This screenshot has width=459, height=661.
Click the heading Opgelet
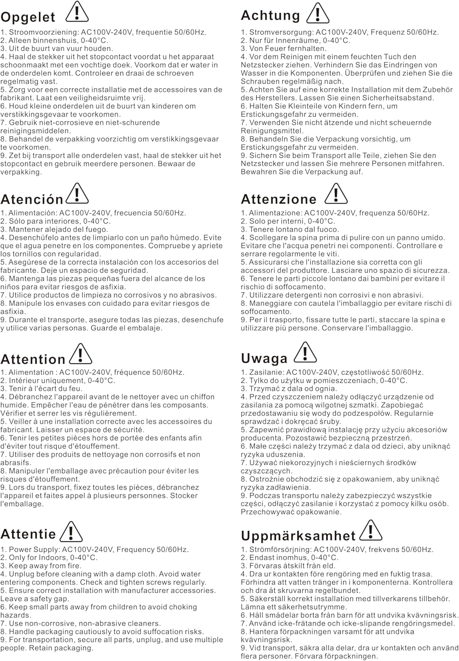point(28,17)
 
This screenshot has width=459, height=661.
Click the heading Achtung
point(270,15)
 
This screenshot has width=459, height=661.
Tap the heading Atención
point(32,199)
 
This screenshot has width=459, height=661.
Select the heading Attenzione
point(278,199)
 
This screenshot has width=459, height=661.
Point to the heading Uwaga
point(264,359)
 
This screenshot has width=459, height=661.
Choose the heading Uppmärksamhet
point(298,536)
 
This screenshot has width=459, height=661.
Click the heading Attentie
point(28,534)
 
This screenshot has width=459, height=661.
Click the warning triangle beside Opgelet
point(77,12)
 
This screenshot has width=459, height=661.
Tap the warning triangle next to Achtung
point(318,13)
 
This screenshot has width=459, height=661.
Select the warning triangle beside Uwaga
point(305,352)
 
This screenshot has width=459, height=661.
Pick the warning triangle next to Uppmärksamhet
point(370,530)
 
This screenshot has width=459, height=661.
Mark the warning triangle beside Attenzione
point(336,193)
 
